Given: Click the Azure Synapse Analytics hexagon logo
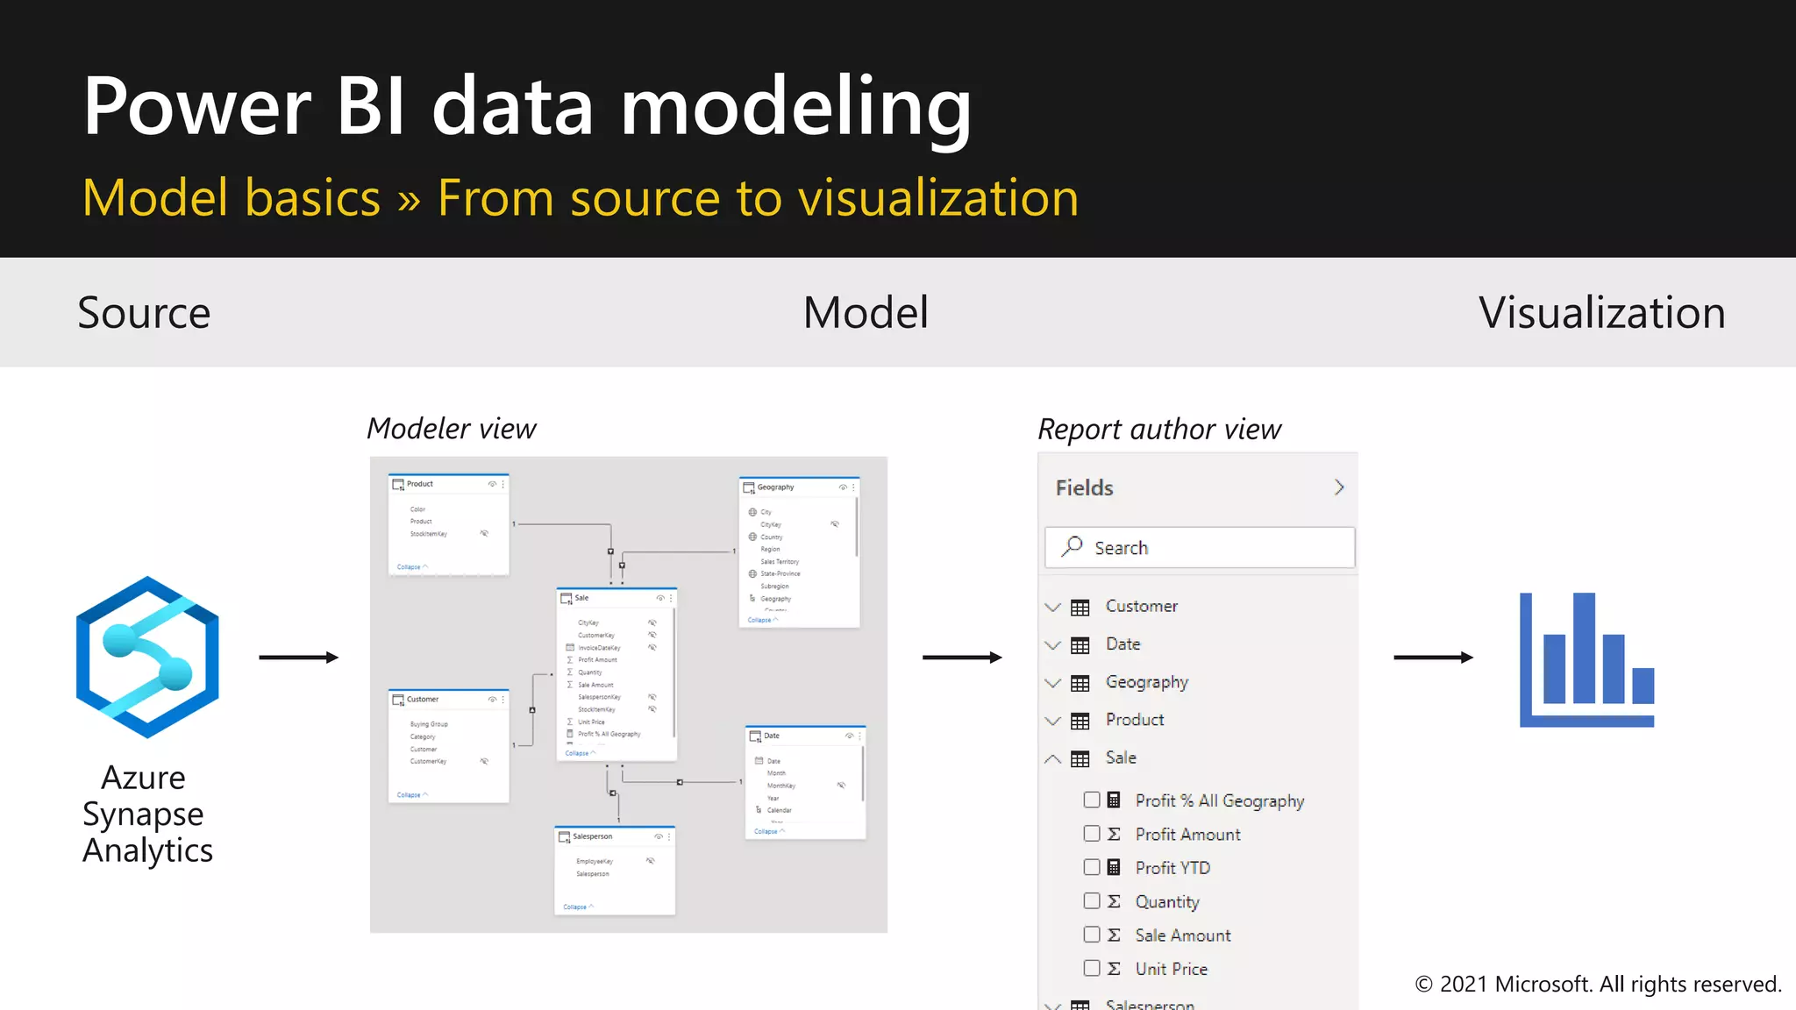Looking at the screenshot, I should [x=147, y=657].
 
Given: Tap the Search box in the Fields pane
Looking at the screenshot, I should [x=1199, y=548].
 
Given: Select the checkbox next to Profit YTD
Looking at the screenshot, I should [x=1092, y=867].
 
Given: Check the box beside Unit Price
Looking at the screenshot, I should [x=1092, y=968].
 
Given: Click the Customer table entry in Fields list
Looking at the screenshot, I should [x=1141, y=607].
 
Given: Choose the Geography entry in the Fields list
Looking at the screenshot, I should [x=1146, y=682].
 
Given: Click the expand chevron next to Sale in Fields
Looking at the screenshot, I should [x=1053, y=758].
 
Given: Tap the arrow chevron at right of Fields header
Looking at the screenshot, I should [x=1338, y=487].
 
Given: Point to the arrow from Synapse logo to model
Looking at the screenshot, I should [x=298, y=658].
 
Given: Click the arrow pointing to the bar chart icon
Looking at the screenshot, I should [x=1433, y=658].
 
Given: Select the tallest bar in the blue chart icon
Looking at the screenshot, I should [x=1584, y=648].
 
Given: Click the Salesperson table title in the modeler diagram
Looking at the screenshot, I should [x=592, y=836].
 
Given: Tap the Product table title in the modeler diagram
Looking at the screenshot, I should [x=419, y=484].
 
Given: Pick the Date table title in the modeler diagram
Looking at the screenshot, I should [x=772, y=736].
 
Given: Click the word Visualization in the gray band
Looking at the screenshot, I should [x=1601, y=313].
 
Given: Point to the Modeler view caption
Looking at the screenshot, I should [x=451, y=429].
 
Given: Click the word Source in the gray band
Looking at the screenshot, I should [x=144, y=313].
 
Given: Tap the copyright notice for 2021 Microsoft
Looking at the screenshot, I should [x=1598, y=985].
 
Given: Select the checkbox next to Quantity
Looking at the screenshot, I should [x=1092, y=900].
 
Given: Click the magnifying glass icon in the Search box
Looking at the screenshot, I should [x=1072, y=547].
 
